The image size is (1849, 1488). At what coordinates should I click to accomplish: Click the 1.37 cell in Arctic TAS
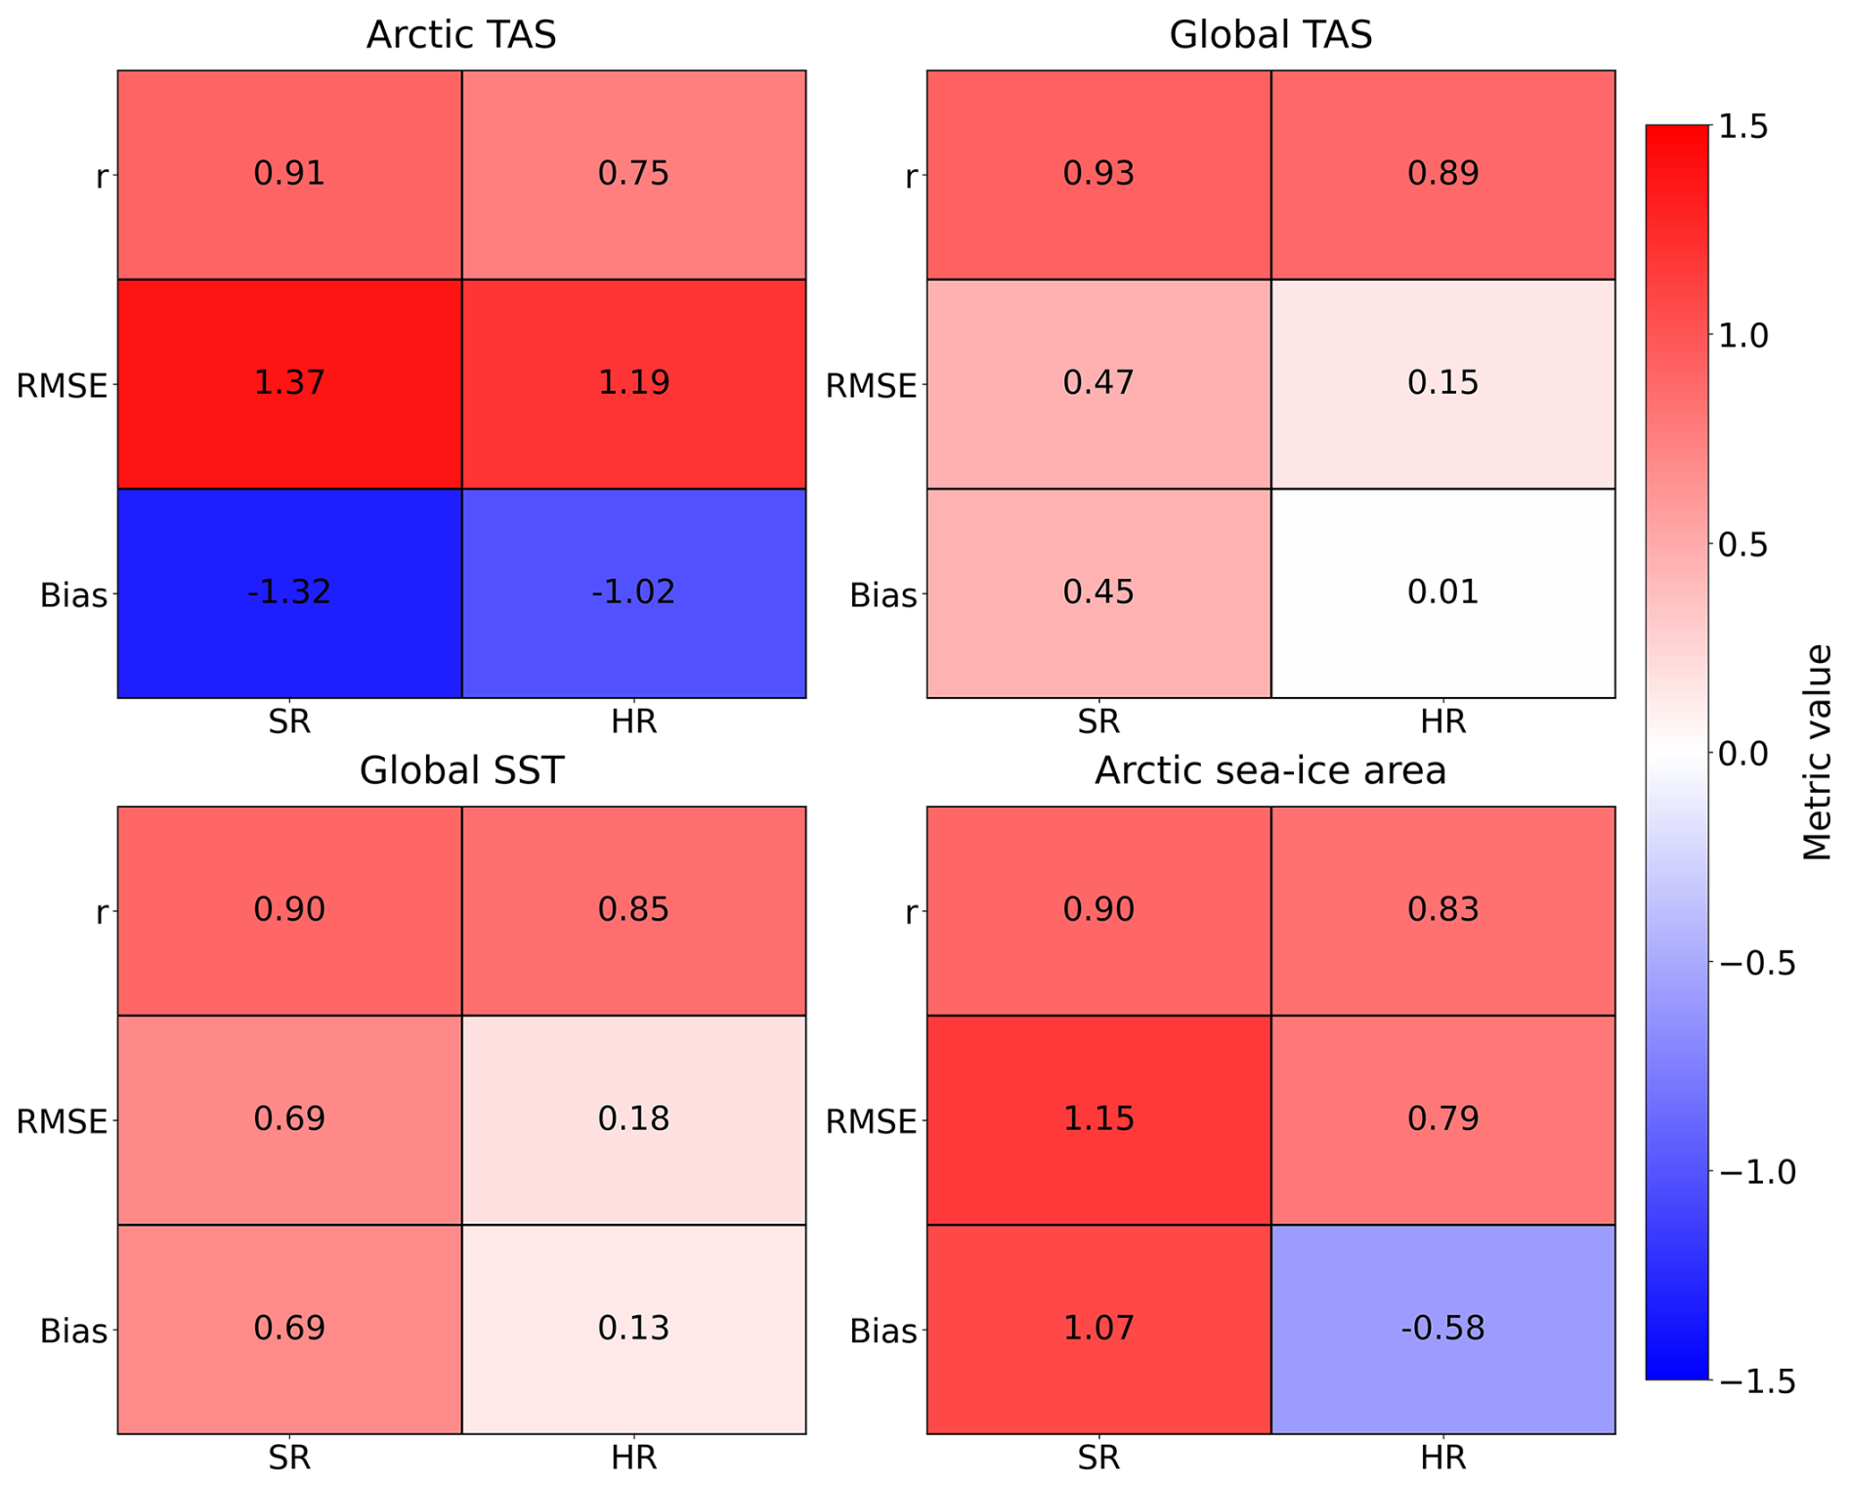(x=289, y=383)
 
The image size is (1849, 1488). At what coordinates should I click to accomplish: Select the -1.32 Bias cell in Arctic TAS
(x=289, y=592)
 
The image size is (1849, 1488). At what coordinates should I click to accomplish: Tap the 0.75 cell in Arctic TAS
(x=633, y=174)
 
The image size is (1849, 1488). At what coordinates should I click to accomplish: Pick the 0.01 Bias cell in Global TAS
(x=1442, y=592)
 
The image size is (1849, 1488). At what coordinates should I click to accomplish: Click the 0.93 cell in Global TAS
(x=1098, y=174)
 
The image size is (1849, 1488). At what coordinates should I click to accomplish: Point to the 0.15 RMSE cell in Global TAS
(x=1442, y=383)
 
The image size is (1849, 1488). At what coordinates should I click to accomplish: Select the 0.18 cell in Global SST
(x=633, y=1119)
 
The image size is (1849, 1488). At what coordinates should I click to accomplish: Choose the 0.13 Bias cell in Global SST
(x=633, y=1329)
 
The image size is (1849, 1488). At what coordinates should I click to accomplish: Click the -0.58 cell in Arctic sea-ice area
(x=1442, y=1329)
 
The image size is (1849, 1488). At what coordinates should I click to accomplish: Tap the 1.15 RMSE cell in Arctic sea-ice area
(x=1098, y=1119)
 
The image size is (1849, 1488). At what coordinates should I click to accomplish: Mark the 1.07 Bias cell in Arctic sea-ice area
(x=1098, y=1329)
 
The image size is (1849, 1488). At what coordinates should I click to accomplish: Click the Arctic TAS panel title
(x=461, y=35)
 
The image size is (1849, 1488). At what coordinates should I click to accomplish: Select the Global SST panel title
(x=461, y=770)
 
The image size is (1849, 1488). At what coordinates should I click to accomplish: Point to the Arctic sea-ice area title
(x=1270, y=770)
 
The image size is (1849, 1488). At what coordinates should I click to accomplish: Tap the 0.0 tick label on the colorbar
(x=1742, y=754)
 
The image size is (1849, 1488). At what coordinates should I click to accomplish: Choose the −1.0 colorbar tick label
(x=1756, y=1171)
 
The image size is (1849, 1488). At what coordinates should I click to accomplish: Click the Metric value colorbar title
(x=1816, y=753)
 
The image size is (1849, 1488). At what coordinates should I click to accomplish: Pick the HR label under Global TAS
(x=1442, y=722)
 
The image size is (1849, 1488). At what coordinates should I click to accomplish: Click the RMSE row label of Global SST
(x=62, y=1121)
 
